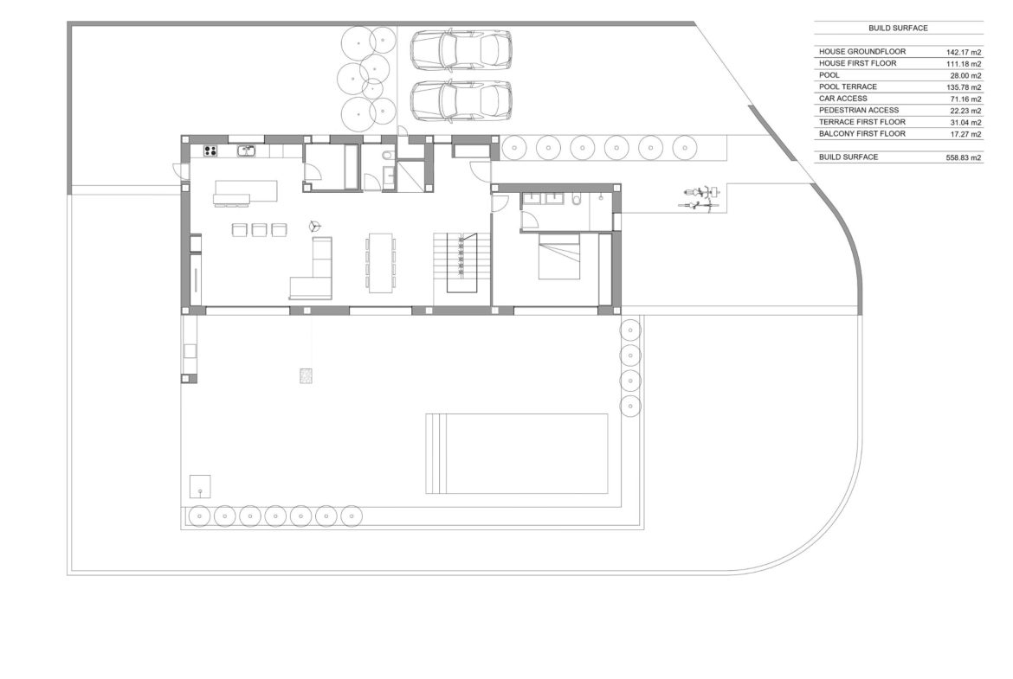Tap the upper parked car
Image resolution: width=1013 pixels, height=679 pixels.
tap(461, 49)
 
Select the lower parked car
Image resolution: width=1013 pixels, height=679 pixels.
tap(461, 100)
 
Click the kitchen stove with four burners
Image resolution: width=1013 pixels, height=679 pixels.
tap(210, 151)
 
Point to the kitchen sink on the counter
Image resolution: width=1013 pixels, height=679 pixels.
tap(246, 151)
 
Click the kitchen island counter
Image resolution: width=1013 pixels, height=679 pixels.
tap(246, 191)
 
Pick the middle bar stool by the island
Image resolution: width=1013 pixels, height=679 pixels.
tap(259, 230)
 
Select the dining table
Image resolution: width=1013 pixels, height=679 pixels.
tap(380, 263)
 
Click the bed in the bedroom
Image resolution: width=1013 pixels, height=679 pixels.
tap(558, 256)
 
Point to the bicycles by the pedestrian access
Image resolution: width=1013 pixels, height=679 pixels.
tap(699, 199)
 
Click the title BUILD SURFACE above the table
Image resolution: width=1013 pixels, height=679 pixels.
tap(898, 29)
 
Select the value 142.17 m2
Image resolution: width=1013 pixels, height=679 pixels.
tap(964, 52)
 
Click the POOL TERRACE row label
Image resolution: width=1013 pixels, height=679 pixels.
tap(848, 86)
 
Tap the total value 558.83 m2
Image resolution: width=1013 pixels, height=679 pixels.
tap(964, 157)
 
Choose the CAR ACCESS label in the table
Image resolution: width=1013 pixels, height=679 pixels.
tap(843, 99)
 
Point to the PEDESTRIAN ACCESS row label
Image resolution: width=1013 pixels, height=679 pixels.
tap(859, 111)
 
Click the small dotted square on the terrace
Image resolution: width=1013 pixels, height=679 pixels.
tap(306, 375)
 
